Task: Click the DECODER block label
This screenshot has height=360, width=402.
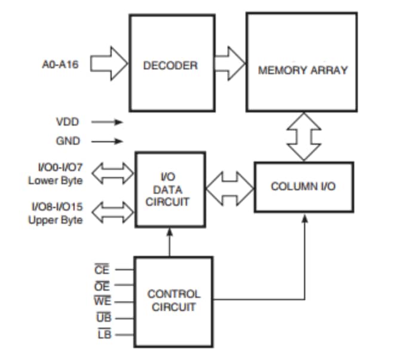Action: click(170, 65)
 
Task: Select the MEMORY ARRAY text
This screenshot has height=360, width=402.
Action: click(302, 70)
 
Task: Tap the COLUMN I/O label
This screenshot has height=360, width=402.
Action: click(303, 186)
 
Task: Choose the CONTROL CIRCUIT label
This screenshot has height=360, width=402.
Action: click(174, 300)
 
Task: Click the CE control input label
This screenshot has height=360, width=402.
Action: click(102, 270)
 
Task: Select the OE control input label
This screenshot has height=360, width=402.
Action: click(102, 286)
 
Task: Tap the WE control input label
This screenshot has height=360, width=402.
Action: click(102, 302)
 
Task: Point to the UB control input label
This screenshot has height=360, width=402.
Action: click(103, 318)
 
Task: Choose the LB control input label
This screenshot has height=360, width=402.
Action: click(103, 334)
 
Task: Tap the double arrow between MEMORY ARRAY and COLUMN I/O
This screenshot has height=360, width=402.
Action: click(303, 136)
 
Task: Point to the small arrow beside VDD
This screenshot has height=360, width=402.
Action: click(108, 122)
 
